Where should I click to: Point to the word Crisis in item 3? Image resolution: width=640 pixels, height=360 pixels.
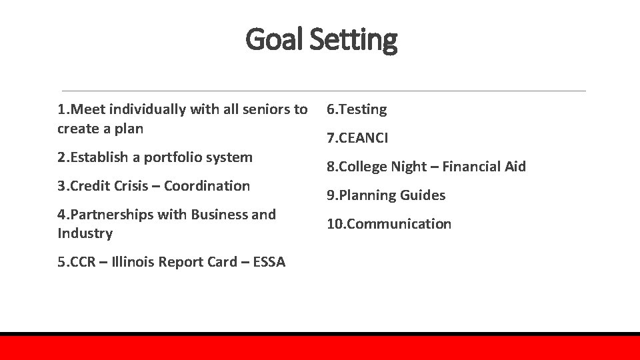pos(131,186)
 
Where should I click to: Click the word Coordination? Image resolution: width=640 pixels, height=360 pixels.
pos(207,186)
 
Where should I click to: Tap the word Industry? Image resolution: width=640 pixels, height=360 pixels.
pos(85,233)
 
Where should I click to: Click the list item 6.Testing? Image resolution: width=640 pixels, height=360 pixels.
pos(357,109)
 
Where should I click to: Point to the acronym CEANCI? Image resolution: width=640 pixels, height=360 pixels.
pos(363,138)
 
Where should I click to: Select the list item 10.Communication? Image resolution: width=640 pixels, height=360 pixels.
pos(389,224)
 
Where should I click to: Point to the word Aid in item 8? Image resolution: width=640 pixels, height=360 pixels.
pos(515,167)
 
